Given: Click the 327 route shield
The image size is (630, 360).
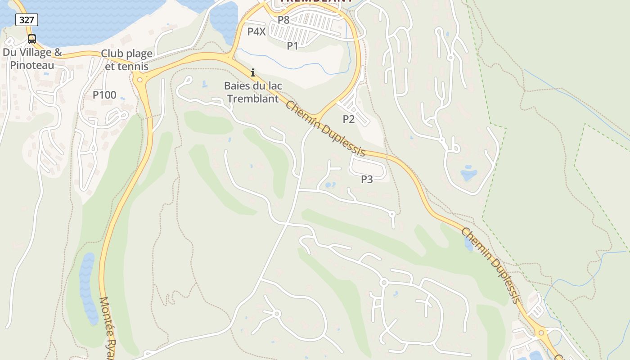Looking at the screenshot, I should pyautogui.click(x=27, y=20).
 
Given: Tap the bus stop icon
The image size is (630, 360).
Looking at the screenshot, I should pyautogui.click(x=31, y=39).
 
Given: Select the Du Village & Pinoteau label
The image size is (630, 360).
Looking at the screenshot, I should pyautogui.click(x=32, y=59).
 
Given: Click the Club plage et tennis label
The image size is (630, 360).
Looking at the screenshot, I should pyautogui.click(x=126, y=60).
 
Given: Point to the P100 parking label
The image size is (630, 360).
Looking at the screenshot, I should pyautogui.click(x=104, y=95).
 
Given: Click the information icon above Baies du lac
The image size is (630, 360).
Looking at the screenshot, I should pyautogui.click(x=253, y=72).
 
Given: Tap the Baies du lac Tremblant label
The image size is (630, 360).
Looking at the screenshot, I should pyautogui.click(x=253, y=92).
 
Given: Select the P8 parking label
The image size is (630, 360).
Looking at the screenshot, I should pyautogui.click(x=283, y=20).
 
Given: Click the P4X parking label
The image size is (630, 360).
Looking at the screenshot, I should pyautogui.click(x=256, y=31).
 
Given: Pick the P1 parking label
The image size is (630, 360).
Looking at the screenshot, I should pyautogui.click(x=293, y=45).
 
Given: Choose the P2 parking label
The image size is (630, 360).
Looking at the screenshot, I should pyautogui.click(x=349, y=119).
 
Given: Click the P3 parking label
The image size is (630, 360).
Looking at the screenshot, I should pyautogui.click(x=367, y=179).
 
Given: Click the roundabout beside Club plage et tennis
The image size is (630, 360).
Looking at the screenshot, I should pyautogui.click(x=139, y=80).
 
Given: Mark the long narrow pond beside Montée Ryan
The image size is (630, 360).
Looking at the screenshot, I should pyautogui.click(x=87, y=288).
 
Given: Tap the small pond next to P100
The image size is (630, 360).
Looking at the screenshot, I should pyautogui.click(x=122, y=98).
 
